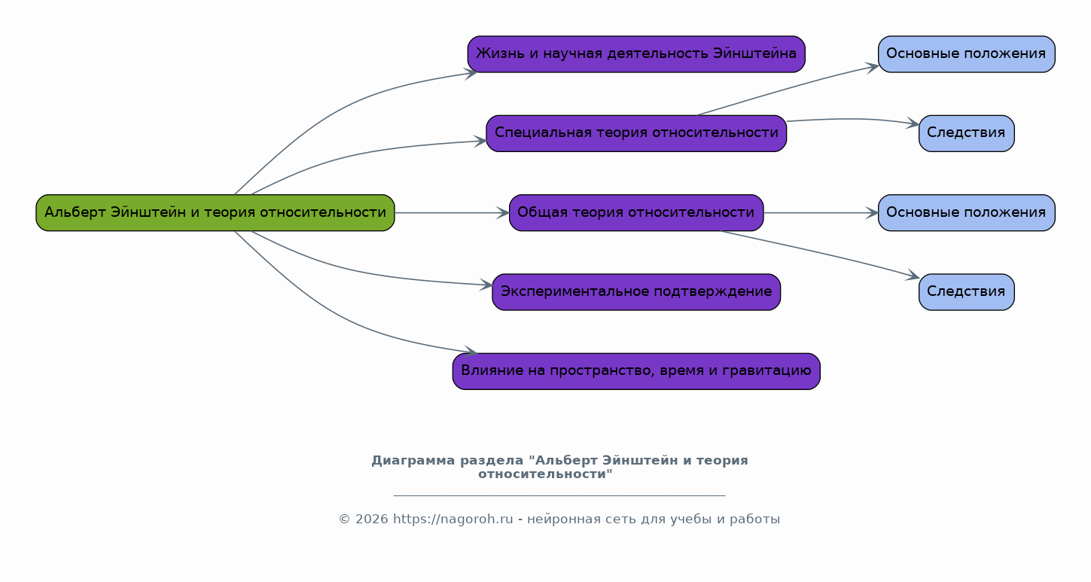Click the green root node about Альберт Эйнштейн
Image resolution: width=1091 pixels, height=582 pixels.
tap(215, 213)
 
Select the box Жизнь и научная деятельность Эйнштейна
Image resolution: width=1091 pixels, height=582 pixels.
tap(636, 54)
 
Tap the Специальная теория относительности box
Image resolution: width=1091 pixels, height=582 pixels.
tap(636, 133)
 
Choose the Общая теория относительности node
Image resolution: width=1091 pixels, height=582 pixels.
tap(636, 213)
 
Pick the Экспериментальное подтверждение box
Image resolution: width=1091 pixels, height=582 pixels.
tap(636, 292)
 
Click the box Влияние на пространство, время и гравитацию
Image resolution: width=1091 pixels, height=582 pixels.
tap(636, 372)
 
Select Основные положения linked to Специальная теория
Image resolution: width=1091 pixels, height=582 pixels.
tap(966, 54)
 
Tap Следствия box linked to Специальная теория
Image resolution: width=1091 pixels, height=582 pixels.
tap(966, 133)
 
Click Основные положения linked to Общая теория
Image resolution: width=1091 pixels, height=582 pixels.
tap(966, 213)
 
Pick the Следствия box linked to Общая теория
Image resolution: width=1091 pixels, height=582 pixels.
tap(966, 292)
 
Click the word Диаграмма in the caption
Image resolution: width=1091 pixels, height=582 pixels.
tap(413, 461)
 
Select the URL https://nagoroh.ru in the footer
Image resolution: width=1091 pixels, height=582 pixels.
tap(453, 520)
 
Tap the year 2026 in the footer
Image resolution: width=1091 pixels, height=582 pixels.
tap(372, 520)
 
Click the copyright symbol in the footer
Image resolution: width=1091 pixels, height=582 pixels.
tap(344, 520)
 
